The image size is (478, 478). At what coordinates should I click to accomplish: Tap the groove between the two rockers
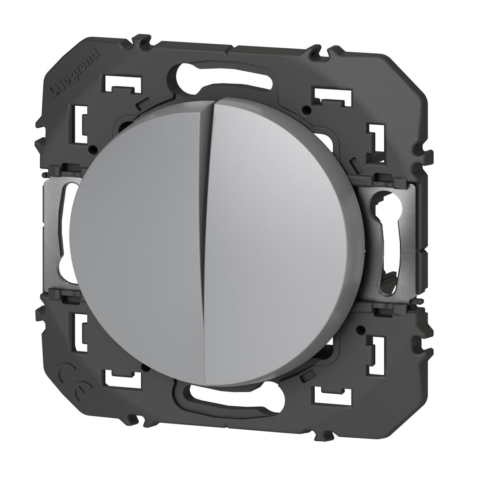pyautogui.click(x=204, y=241)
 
